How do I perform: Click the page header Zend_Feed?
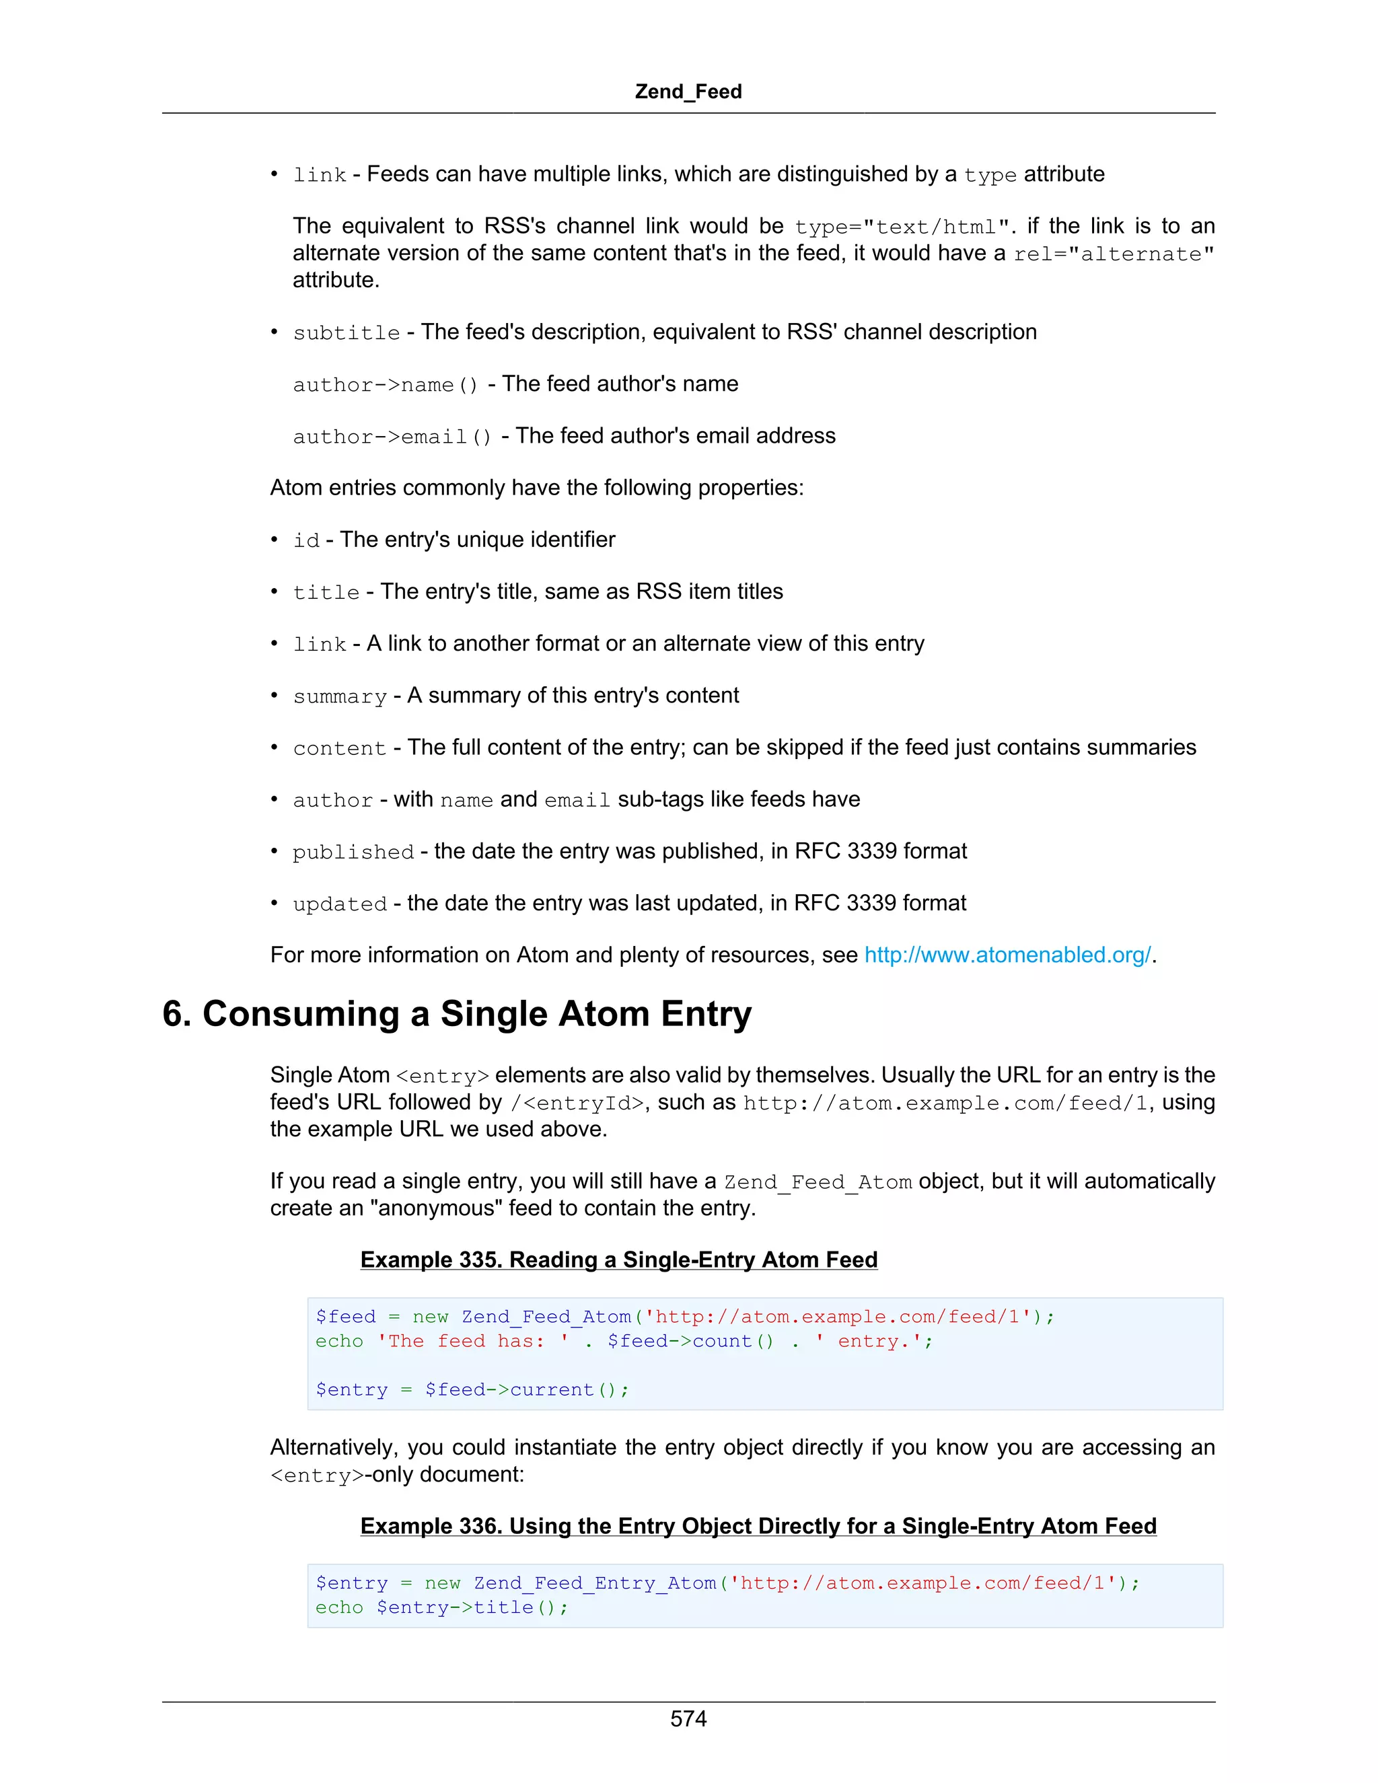click(x=688, y=92)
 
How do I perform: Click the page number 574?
click(x=688, y=1718)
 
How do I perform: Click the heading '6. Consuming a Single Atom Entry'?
click(x=456, y=1014)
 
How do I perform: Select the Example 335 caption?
click(x=619, y=1260)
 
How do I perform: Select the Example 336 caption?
click(x=758, y=1526)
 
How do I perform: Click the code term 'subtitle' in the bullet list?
click(x=346, y=333)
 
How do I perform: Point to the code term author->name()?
click(x=386, y=384)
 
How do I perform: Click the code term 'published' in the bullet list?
click(x=353, y=852)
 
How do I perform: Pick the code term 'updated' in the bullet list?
click(x=340, y=904)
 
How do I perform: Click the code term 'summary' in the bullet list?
click(x=340, y=696)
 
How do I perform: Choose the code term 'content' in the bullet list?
click(x=340, y=749)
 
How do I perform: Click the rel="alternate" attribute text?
click(x=1114, y=254)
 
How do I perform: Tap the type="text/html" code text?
click(x=906, y=227)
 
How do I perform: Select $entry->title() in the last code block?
click(x=471, y=1607)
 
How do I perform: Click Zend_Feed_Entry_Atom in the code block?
click(x=594, y=1583)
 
